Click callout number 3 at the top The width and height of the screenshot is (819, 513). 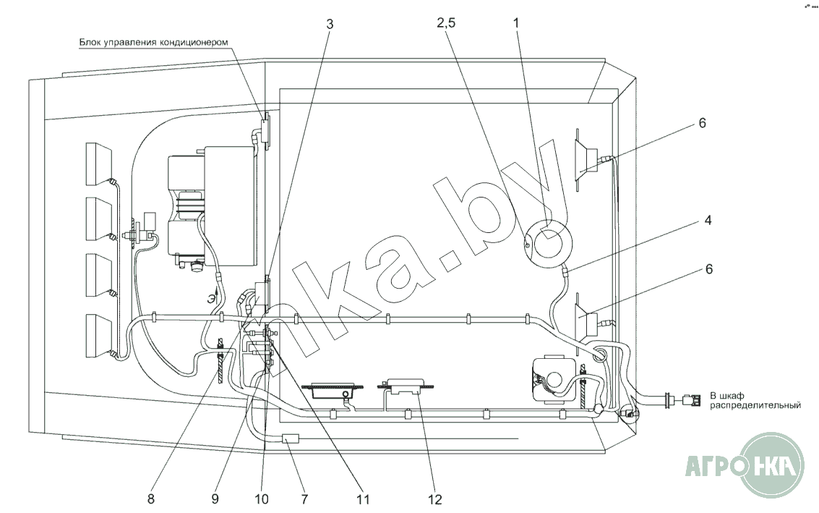tap(330, 24)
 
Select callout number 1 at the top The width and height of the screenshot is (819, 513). tap(517, 23)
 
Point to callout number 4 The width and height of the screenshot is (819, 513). tap(708, 220)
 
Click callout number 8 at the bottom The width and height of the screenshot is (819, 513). tap(151, 499)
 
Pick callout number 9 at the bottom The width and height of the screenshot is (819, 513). tap(215, 499)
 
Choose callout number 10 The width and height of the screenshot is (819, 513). tap(261, 499)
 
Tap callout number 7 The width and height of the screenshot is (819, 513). tap(304, 499)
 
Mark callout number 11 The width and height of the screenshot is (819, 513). tap(362, 499)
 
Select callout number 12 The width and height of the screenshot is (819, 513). tap(434, 499)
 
